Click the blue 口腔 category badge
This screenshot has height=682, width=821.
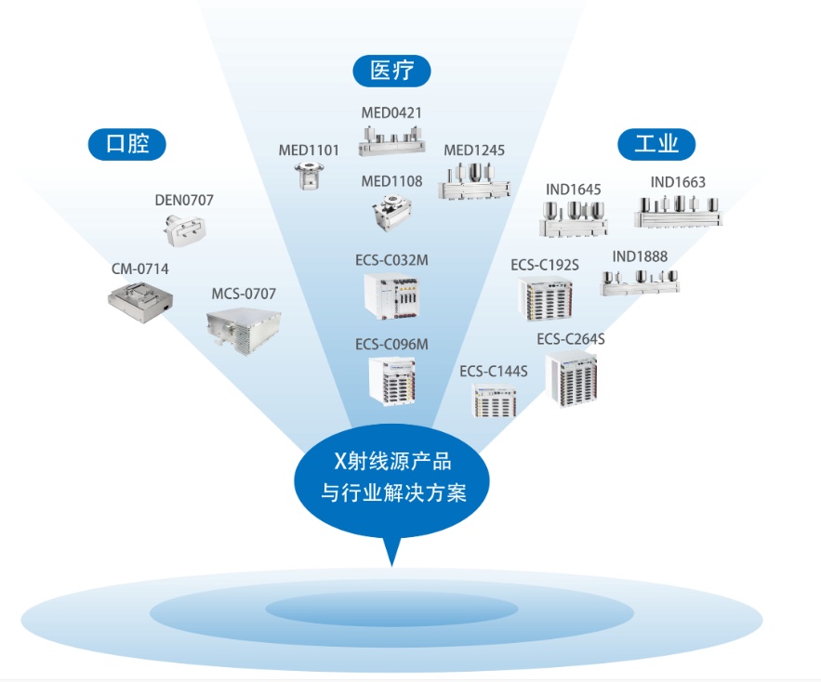click(x=126, y=144)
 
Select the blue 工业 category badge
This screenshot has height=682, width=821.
click(x=656, y=144)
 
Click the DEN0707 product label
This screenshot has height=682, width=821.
click(x=184, y=199)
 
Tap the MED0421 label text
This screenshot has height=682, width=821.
click(x=391, y=113)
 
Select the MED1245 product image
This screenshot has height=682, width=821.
click(x=475, y=182)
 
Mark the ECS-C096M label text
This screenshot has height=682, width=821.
click(x=391, y=345)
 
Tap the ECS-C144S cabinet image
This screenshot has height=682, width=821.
click(x=494, y=400)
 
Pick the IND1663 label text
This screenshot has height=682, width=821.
click(x=678, y=182)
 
